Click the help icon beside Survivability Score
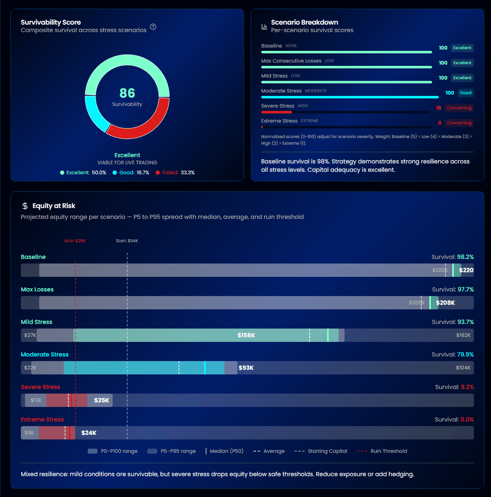(153, 27)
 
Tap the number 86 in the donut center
(127, 93)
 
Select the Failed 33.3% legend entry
(175, 173)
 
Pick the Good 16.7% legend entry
(131, 173)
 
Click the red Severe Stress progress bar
(277, 112)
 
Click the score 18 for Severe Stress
(438, 108)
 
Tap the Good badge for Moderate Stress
(466, 93)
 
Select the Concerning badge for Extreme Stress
(459, 123)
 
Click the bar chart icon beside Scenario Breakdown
(264, 27)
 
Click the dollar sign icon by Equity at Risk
(25, 206)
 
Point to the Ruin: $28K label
(75, 241)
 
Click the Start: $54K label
(127, 241)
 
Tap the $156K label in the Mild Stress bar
(246, 335)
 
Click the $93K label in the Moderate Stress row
(246, 368)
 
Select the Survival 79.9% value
(465, 354)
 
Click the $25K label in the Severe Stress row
(101, 400)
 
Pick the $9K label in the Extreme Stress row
(29, 433)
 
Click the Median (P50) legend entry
(226, 451)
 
